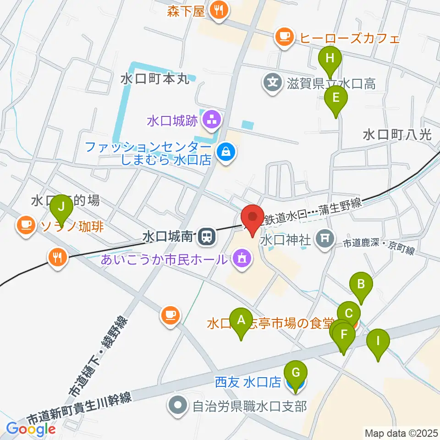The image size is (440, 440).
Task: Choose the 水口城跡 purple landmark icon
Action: coord(211,121)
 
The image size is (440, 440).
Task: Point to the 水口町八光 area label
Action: coord(397,135)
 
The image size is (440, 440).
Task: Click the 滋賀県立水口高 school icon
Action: coord(274,83)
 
